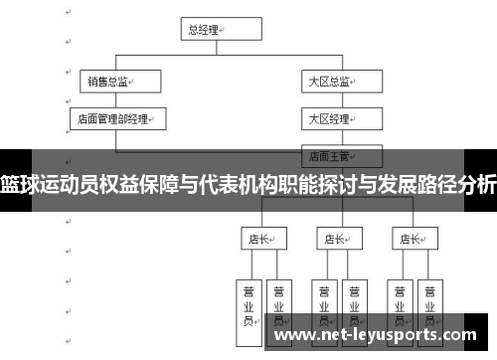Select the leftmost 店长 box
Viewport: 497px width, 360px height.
point(262,239)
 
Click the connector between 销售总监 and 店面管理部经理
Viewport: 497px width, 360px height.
point(110,99)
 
